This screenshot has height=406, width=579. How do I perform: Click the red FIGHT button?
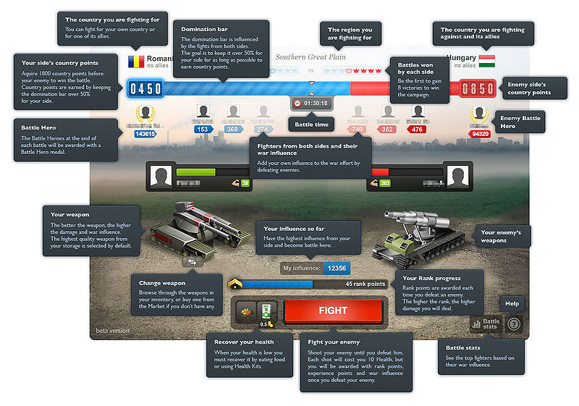click(333, 310)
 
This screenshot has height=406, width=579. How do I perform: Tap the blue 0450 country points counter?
click(145, 89)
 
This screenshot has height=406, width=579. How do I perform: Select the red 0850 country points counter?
click(478, 89)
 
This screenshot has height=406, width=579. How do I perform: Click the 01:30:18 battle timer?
click(311, 103)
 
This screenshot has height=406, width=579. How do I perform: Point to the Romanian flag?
click(136, 61)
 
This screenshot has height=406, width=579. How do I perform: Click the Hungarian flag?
click(487, 59)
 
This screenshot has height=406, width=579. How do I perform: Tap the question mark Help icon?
click(514, 324)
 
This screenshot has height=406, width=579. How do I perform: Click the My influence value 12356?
click(338, 268)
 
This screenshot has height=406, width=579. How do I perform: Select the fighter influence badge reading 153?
click(203, 130)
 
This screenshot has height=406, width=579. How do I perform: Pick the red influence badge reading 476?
click(418, 130)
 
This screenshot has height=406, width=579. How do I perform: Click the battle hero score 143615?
click(145, 135)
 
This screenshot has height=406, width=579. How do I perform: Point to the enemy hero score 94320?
click(479, 134)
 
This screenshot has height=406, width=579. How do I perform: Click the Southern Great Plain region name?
click(310, 57)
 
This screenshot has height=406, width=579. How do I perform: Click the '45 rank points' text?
click(365, 284)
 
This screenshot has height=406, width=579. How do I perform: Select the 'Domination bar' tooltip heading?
click(198, 30)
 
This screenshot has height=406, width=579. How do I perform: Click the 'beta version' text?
click(112, 331)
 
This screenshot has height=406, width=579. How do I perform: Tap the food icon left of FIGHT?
click(247, 312)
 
